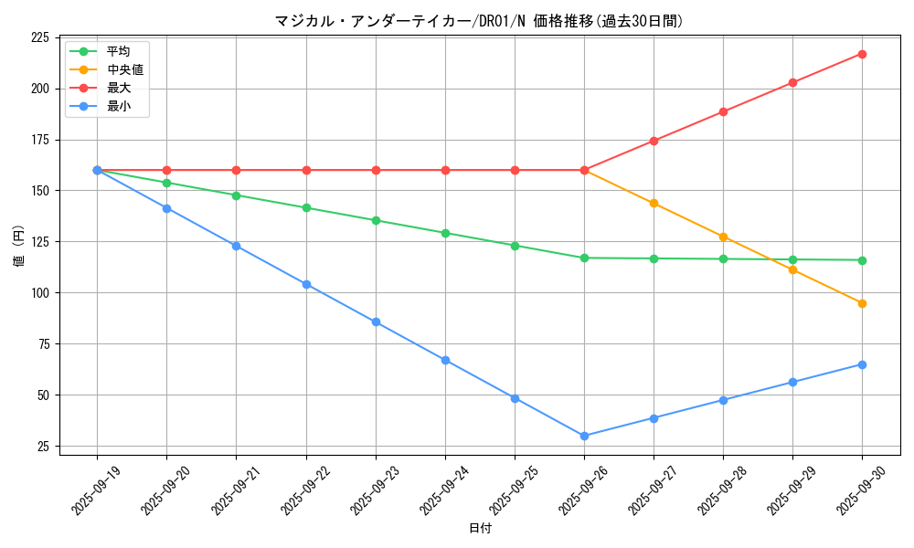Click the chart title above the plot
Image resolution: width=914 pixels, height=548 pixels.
click(x=479, y=21)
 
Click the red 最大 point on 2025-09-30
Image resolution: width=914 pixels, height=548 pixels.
click(x=862, y=54)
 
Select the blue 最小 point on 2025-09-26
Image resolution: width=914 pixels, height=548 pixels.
click(x=584, y=436)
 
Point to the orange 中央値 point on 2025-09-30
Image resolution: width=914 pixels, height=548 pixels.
click(x=862, y=303)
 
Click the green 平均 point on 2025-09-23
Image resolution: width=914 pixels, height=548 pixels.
click(x=376, y=220)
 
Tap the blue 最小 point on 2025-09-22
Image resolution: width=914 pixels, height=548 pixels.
click(x=306, y=284)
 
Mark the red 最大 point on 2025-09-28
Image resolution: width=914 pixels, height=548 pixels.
click(x=723, y=111)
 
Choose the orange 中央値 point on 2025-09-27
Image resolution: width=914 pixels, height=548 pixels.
click(x=654, y=203)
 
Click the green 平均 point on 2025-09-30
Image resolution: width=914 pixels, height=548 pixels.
click(x=862, y=260)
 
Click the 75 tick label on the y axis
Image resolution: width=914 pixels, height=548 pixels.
click(x=44, y=344)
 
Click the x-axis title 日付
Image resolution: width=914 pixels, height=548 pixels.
click(x=480, y=529)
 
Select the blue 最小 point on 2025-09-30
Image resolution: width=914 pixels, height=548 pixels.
click(x=862, y=364)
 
